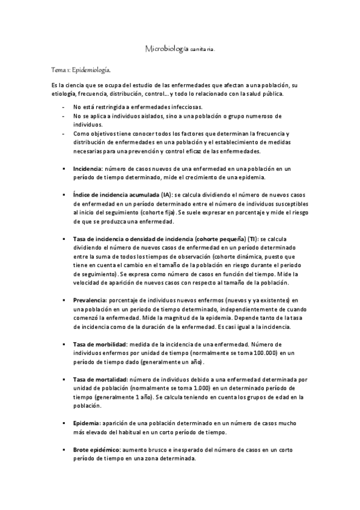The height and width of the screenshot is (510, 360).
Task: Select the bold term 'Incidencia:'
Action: point(87,170)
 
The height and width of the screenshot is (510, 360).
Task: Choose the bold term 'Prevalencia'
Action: point(89,300)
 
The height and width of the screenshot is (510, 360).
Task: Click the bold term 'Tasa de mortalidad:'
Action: point(100,380)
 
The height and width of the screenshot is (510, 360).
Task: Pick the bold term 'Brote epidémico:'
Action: point(96,450)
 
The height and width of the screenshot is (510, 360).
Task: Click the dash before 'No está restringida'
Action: point(64,106)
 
